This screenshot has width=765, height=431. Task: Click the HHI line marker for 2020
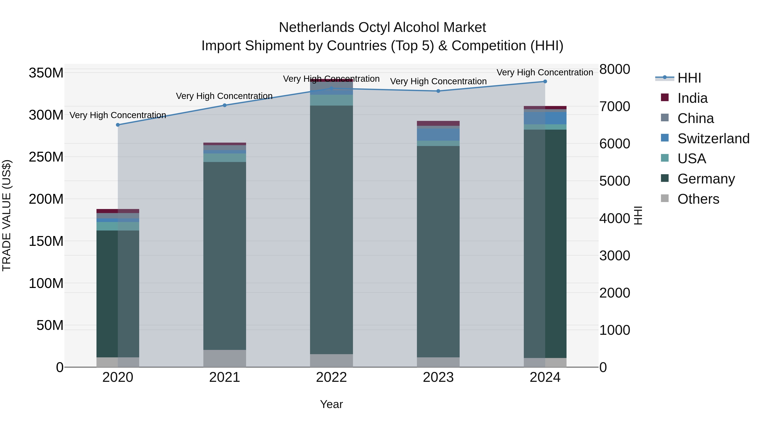118,125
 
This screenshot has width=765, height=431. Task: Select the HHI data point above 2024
545,82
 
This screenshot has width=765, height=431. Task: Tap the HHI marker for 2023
438,91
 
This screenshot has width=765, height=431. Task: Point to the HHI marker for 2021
225,105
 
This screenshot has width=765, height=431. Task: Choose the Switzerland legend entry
713,139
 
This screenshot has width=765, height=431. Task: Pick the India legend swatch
665,97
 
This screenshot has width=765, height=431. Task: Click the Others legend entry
698,199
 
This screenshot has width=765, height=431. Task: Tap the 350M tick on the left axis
46,73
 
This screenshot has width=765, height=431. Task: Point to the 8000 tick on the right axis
614,69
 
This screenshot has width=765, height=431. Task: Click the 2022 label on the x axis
331,377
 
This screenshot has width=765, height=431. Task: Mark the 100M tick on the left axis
46,284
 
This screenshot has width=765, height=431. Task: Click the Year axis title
331,404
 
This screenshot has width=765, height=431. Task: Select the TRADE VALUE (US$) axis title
7,216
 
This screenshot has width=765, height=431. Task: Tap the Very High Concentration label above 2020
118,115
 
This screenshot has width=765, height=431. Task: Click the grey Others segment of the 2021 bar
225,358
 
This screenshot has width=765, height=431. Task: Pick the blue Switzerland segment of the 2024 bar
545,118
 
